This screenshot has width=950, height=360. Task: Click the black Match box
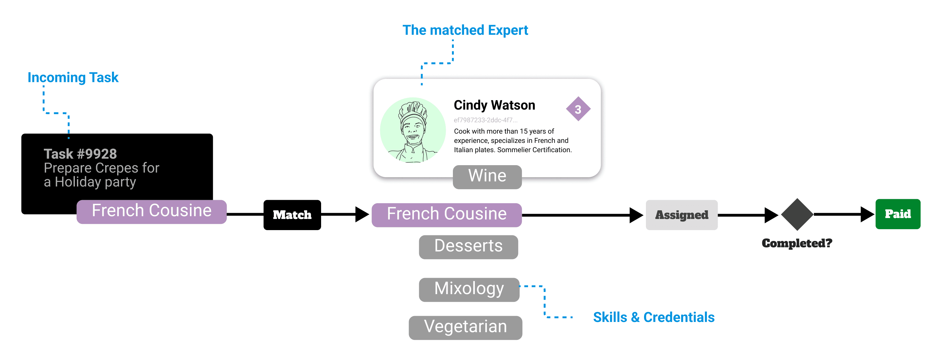click(x=292, y=215)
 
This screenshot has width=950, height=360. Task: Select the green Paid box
click(x=898, y=214)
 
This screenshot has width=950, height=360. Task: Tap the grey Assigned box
click(x=681, y=215)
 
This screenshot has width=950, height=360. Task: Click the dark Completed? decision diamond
click(x=797, y=214)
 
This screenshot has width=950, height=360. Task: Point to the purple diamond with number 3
click(x=578, y=109)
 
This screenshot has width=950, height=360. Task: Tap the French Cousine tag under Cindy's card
click(x=447, y=215)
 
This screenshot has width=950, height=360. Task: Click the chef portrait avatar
click(x=413, y=130)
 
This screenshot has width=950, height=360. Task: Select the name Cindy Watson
click(x=494, y=105)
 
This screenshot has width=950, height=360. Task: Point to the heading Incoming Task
click(x=73, y=77)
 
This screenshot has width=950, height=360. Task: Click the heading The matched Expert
click(x=465, y=30)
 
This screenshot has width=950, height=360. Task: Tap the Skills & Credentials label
click(x=654, y=317)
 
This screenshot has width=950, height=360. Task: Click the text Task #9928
click(x=80, y=154)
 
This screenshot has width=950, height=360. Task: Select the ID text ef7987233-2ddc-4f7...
click(x=485, y=120)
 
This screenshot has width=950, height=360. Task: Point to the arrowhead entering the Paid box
click(x=867, y=214)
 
